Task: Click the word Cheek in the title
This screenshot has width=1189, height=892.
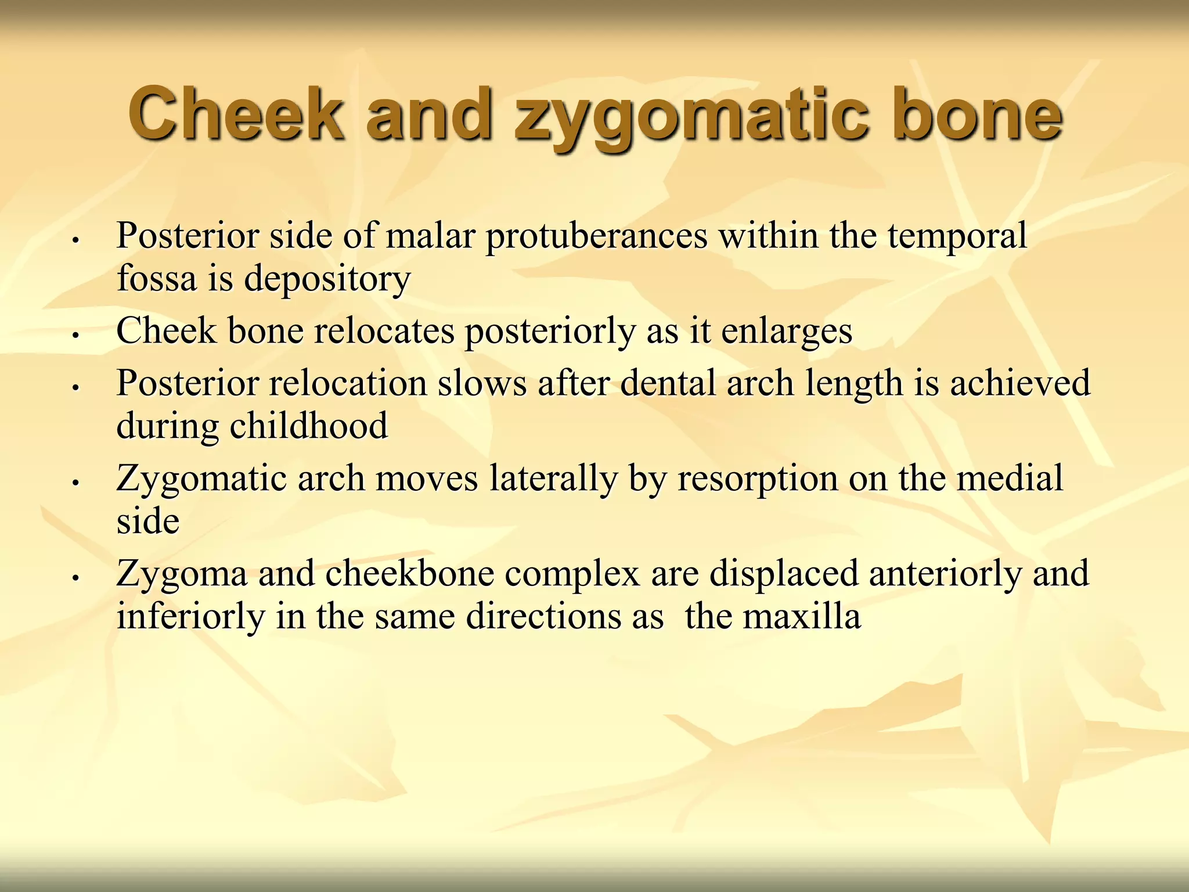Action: tap(235, 114)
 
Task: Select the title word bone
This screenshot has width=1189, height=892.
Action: tap(977, 114)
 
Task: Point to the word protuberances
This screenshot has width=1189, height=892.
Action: tap(597, 236)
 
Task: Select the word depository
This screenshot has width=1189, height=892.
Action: tap(327, 279)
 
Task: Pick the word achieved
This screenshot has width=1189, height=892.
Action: tap(1019, 384)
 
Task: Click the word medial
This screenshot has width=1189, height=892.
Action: tap(1009, 479)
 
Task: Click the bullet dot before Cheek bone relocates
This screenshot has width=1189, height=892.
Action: tap(75, 335)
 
